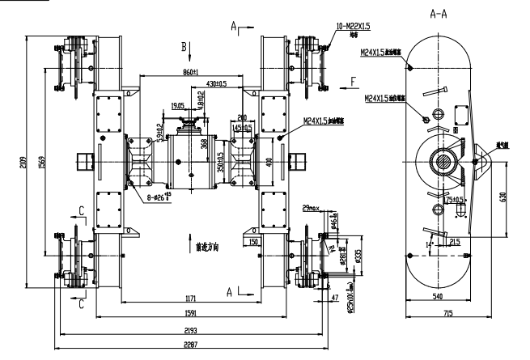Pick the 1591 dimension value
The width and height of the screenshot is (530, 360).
pyautogui.click(x=191, y=311)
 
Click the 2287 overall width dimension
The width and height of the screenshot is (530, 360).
pyautogui.click(x=191, y=344)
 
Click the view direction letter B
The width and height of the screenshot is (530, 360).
pyautogui.click(x=184, y=45)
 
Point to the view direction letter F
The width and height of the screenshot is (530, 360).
pyautogui.click(x=353, y=82)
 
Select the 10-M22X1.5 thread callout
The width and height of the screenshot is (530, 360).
pyautogui.click(x=354, y=27)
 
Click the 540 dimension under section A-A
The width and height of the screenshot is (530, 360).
pyautogui.click(x=439, y=296)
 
